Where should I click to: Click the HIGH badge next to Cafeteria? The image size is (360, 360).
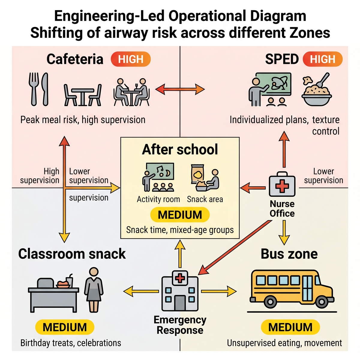[x=130, y=59]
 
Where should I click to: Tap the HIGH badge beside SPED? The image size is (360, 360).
[x=322, y=59]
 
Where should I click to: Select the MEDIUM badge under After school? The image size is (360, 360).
[x=180, y=215]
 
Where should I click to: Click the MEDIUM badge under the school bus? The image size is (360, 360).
[x=290, y=327]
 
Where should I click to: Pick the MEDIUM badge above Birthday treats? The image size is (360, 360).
[x=64, y=327]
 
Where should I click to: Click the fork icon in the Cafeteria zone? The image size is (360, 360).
[x=34, y=89]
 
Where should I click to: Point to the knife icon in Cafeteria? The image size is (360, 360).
[x=45, y=89]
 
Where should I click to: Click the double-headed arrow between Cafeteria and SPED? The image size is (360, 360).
[x=180, y=89]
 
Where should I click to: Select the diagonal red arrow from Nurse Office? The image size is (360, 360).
[x=235, y=247]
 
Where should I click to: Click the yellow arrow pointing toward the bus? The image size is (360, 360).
[x=219, y=291]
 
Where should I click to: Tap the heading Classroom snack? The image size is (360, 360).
[x=72, y=254]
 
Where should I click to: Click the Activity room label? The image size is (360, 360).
[x=158, y=199]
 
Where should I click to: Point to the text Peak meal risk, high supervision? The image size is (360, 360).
[x=83, y=120]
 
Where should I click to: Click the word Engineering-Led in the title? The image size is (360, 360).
[x=109, y=16]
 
